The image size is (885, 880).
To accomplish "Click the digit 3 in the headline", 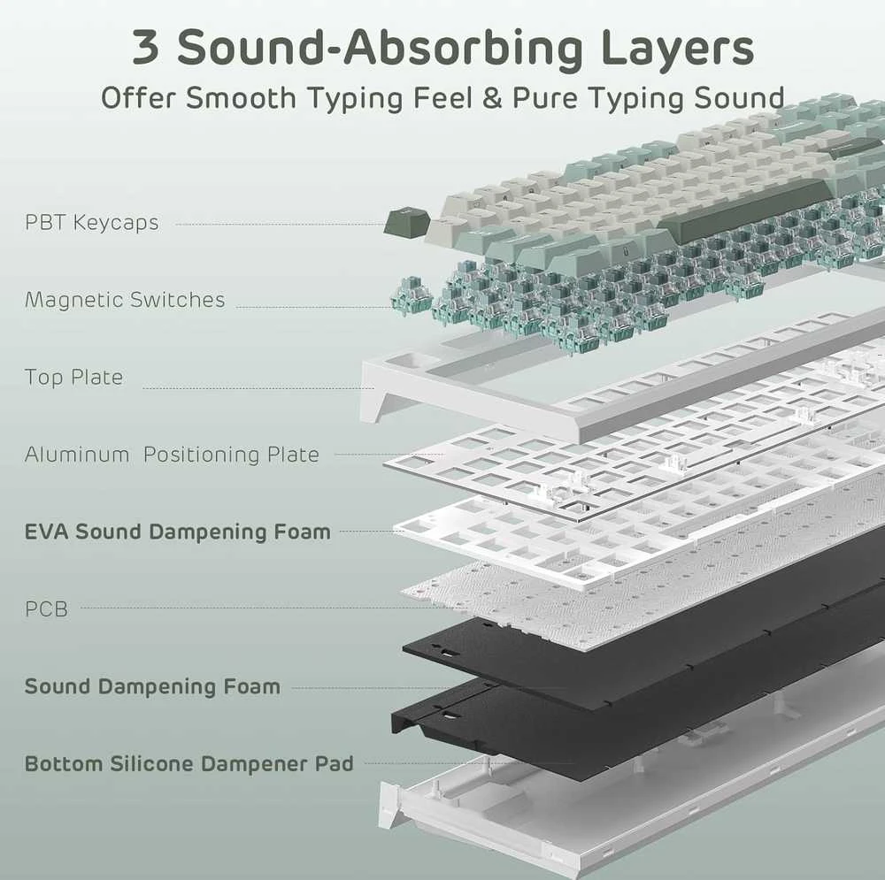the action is click(145, 47).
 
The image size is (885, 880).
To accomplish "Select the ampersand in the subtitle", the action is click(492, 98).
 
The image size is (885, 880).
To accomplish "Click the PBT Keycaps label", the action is click(92, 222).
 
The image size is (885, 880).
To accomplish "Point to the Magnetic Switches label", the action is click(125, 300).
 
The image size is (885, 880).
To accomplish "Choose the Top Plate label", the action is click(74, 378).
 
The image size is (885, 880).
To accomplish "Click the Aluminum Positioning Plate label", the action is click(173, 454).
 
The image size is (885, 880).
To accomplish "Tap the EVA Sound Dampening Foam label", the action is click(178, 532).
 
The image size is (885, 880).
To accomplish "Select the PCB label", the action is click(46, 608).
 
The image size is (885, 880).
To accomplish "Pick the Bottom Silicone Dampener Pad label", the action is click(189, 763).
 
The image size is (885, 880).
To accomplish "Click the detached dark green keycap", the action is click(406, 222).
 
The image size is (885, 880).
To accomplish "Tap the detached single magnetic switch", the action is click(411, 296).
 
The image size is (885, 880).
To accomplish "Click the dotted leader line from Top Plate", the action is click(258, 388).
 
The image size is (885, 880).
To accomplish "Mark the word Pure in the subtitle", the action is click(545, 98).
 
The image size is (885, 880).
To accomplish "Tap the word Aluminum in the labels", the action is click(77, 454).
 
